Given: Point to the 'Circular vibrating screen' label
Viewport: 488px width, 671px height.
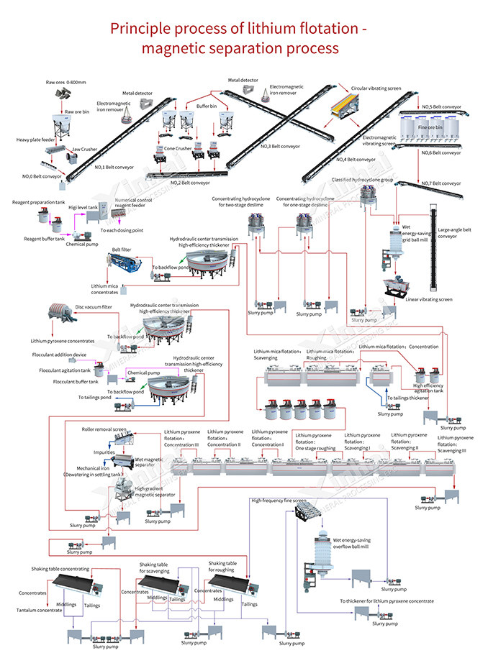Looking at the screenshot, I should coord(376,88).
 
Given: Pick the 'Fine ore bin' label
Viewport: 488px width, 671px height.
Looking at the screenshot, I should coord(430,127).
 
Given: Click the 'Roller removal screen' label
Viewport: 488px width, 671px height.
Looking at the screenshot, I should coord(104,429).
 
